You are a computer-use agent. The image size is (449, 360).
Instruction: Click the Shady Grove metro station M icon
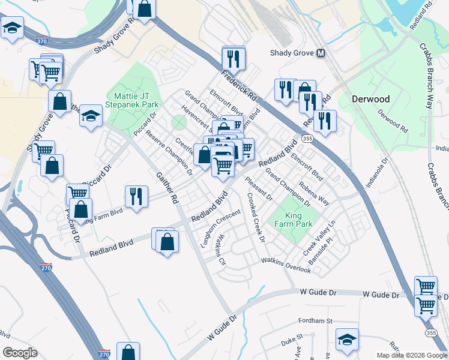[321, 53]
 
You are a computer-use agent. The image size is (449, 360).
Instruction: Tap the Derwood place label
[370, 99]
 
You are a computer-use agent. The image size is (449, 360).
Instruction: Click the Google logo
[20, 353]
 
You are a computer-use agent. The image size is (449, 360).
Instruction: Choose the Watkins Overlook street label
[286, 265]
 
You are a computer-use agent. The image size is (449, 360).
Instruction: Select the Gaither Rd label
[167, 187]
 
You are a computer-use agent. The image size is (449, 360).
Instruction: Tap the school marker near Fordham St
[347, 340]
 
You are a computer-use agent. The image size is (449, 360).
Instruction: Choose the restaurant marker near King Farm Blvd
[136, 196]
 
